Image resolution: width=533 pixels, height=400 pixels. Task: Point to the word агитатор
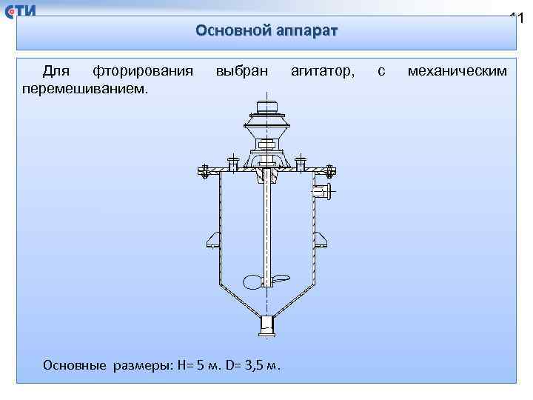tap(323, 71)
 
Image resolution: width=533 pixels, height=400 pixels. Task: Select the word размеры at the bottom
tap(140, 364)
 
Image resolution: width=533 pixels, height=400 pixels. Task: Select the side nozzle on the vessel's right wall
tap(322, 193)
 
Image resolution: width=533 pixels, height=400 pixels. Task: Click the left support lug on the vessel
tap(212, 239)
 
